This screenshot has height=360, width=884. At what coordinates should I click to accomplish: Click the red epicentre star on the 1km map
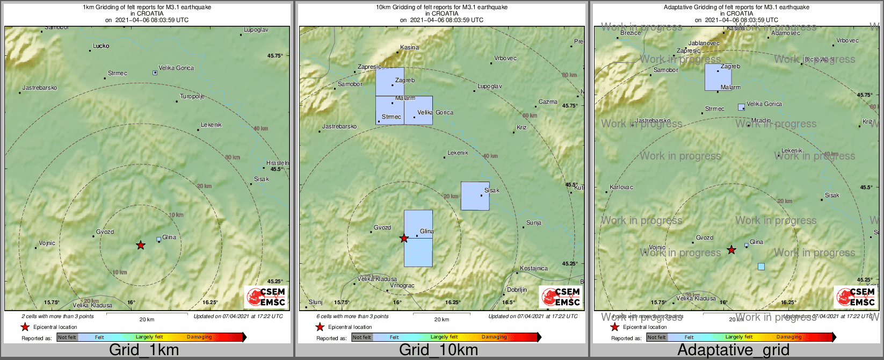[140, 245]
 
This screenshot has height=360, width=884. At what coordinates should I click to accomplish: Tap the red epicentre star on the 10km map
[404, 239]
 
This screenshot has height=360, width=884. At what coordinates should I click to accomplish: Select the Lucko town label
[101, 46]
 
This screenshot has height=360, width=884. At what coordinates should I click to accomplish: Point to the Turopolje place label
[192, 97]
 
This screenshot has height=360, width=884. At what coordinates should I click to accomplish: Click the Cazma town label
[548, 102]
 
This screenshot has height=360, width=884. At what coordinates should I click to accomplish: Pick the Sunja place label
[534, 222]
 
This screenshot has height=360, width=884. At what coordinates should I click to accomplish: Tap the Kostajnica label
[534, 268]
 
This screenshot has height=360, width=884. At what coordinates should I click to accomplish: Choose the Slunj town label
[316, 303]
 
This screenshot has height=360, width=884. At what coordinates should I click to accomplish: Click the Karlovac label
[621, 188]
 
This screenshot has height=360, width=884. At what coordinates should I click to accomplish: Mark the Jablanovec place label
[704, 44]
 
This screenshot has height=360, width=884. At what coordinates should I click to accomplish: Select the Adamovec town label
[785, 33]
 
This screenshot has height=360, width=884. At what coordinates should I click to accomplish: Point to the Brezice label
[631, 33]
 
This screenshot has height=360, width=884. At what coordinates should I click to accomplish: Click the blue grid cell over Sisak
[475, 196]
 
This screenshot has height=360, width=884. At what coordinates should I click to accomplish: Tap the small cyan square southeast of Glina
[761, 267]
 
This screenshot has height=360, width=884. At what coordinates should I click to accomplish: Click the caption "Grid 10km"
[438, 350]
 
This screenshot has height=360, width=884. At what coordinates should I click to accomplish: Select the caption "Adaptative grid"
[733, 350]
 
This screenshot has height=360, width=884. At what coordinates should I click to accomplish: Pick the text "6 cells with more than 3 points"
[352, 316]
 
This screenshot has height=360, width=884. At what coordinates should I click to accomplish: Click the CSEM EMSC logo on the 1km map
[266, 297]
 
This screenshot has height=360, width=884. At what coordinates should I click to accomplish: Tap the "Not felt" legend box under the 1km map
[67, 337]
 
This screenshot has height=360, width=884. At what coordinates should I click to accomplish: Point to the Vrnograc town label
[402, 286]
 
